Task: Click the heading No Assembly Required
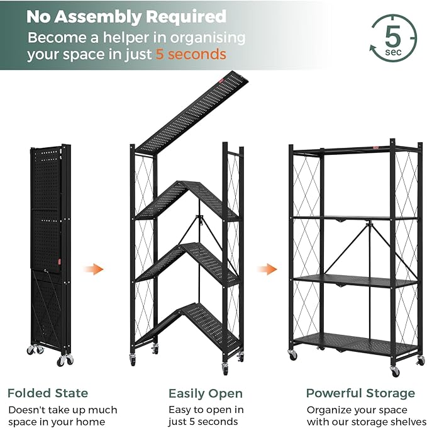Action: [x=126, y=16]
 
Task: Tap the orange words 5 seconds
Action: [x=191, y=54]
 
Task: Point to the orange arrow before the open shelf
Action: [x=267, y=269]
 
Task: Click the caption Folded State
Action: [x=48, y=393]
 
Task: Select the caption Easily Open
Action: [x=205, y=393]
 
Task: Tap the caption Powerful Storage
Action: [x=360, y=393]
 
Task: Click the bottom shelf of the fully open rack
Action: [x=355, y=344]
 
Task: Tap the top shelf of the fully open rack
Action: [x=355, y=150]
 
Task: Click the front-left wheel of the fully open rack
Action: [x=293, y=356]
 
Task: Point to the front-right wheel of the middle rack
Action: [x=225, y=371]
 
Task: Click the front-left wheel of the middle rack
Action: [x=133, y=359]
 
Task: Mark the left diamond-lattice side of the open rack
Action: [x=306, y=252]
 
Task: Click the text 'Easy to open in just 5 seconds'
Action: [x=205, y=416]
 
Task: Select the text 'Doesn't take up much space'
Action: [x=62, y=416]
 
